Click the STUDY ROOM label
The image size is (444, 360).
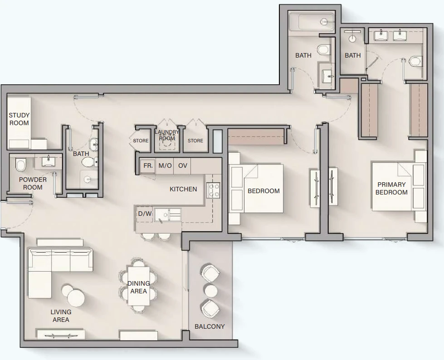point(19,119)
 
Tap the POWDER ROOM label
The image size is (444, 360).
point(33,183)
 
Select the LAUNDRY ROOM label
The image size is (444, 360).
point(167,135)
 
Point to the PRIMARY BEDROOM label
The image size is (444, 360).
point(391,189)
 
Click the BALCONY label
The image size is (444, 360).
point(210,326)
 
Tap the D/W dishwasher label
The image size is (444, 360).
point(145,214)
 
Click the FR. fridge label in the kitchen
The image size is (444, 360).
point(148,165)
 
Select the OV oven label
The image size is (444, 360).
point(183,165)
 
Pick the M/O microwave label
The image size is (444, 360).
point(165,165)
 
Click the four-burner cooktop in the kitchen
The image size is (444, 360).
point(213,190)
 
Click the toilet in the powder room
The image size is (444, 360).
point(21,165)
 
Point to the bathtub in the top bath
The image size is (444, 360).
point(311,21)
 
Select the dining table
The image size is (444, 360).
point(138,286)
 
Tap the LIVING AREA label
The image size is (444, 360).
point(61,316)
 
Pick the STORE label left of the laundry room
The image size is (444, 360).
point(141,141)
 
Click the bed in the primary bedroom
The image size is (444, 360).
point(399,186)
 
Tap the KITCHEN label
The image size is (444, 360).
point(183,189)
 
